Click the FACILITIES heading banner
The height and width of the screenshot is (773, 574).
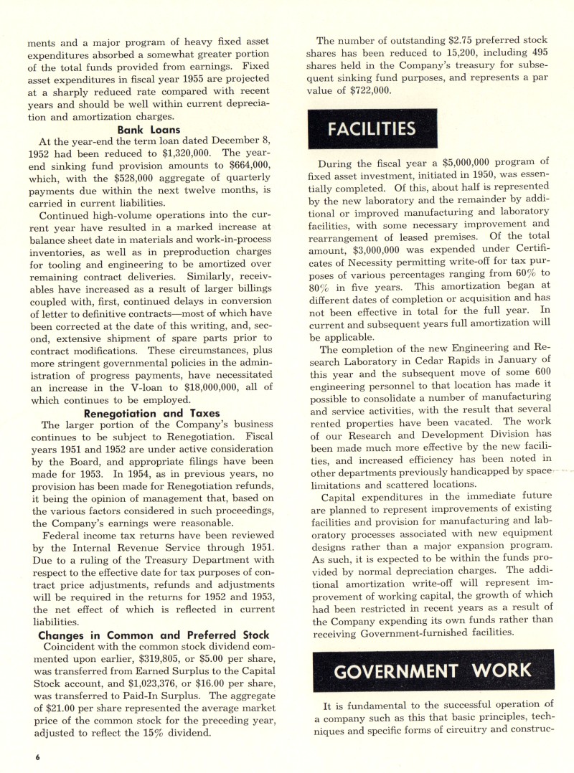coord(372,130)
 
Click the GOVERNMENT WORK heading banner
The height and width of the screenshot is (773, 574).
coord(433,671)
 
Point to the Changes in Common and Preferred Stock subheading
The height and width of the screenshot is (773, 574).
coord(154,635)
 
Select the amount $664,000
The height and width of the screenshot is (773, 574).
coord(224,166)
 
